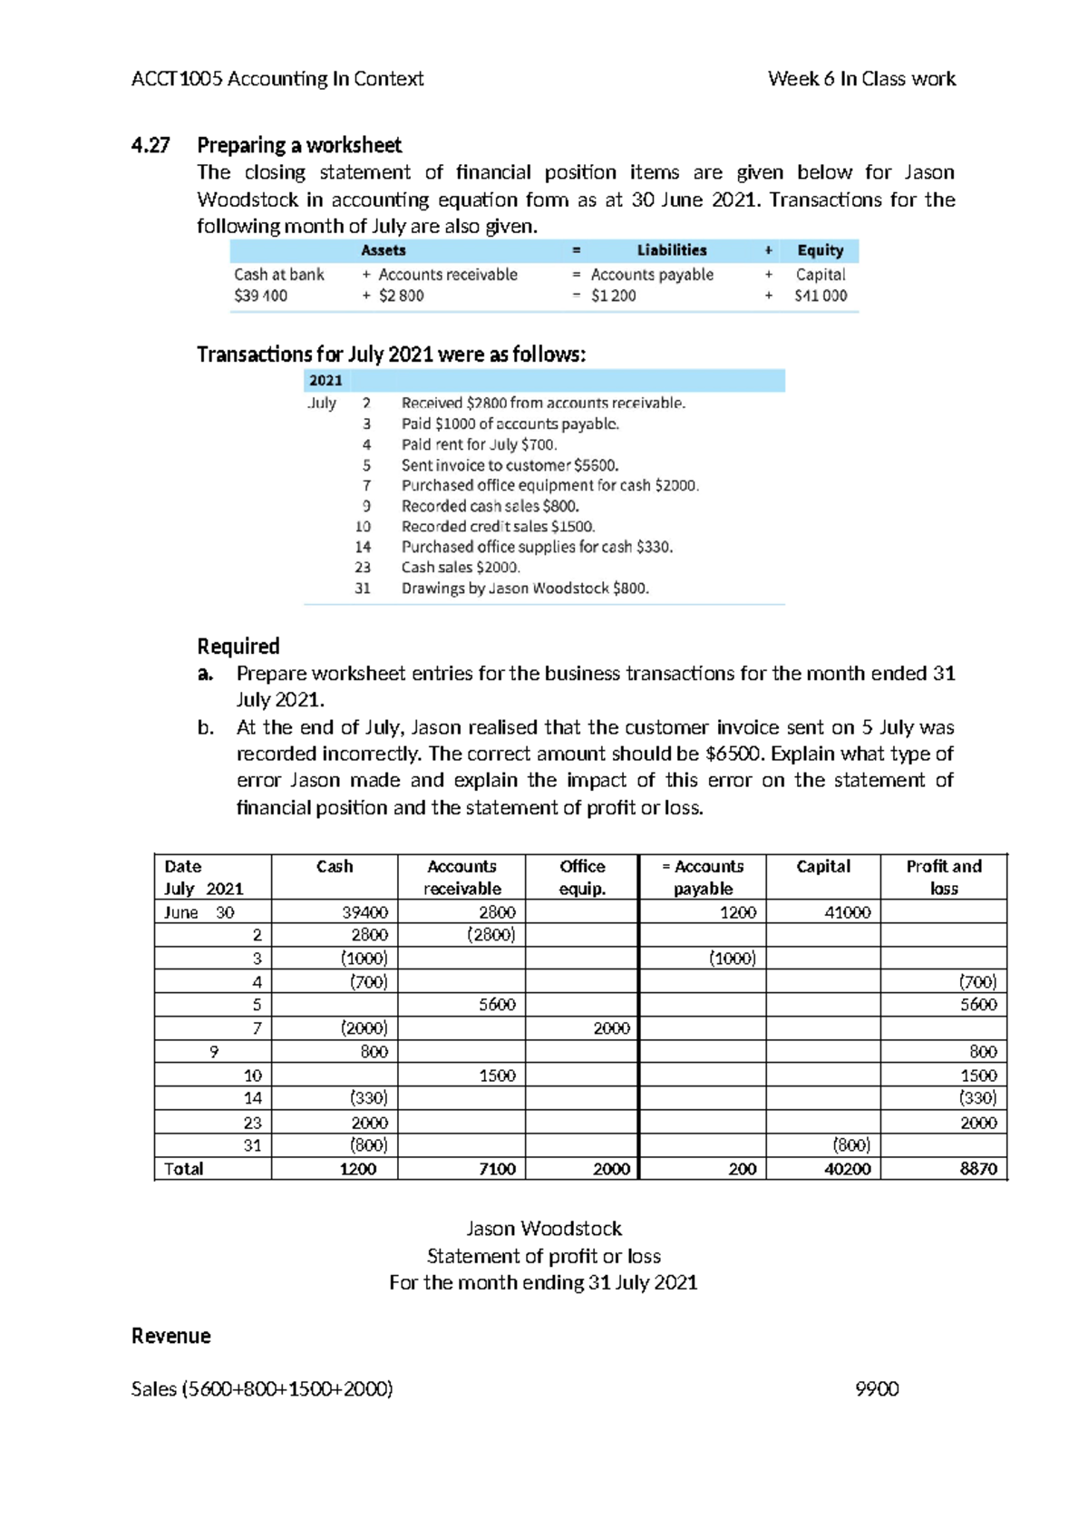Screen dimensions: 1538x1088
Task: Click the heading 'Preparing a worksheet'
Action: pyautogui.click(x=299, y=145)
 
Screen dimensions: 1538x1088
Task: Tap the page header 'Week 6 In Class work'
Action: pyautogui.click(x=861, y=79)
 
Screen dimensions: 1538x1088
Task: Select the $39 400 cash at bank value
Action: pyautogui.click(x=260, y=296)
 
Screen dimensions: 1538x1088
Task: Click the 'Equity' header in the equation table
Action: pyautogui.click(x=820, y=250)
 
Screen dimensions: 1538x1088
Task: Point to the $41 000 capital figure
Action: pyautogui.click(x=821, y=296)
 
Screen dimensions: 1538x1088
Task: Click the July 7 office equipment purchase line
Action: pyautogui.click(x=549, y=485)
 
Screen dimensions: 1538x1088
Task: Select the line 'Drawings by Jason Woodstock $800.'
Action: pyautogui.click(x=525, y=588)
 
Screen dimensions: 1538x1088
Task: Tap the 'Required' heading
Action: pyautogui.click(x=238, y=647)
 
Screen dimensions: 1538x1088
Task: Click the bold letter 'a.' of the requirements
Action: pyautogui.click(x=206, y=674)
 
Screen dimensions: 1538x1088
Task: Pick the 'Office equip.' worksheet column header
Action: pyautogui.click(x=582, y=877)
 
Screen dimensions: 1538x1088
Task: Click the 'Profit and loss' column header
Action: pyautogui.click(x=944, y=877)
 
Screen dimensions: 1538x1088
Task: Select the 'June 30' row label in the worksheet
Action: pyautogui.click(x=199, y=912)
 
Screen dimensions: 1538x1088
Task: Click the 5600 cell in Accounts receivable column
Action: pyautogui.click(x=497, y=1005)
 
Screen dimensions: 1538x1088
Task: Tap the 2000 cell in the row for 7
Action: pyautogui.click(x=611, y=1028)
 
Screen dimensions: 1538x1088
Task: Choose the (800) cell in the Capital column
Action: pyautogui.click(x=850, y=1145)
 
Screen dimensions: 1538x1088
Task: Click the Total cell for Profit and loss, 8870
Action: pyautogui.click(x=977, y=1169)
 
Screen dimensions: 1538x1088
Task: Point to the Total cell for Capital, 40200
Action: pyautogui.click(x=847, y=1169)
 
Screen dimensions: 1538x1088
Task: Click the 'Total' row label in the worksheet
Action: pyautogui.click(x=184, y=1169)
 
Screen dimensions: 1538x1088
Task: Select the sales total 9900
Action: pyautogui.click(x=877, y=1389)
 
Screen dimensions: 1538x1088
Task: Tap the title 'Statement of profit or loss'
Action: pyautogui.click(x=544, y=1256)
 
